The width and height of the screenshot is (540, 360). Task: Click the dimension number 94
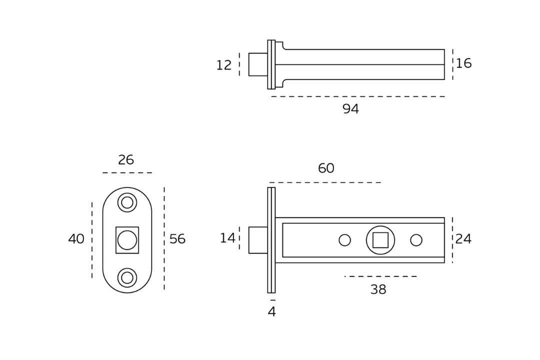tap(350, 109)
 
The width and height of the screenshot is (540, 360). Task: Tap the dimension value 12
tap(224, 65)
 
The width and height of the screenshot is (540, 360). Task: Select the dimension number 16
tap(463, 63)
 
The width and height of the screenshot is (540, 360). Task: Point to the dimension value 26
tap(126, 160)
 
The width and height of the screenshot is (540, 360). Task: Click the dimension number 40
tap(76, 239)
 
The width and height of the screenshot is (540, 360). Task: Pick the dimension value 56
tap(177, 239)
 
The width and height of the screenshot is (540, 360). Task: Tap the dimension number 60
tap(326, 168)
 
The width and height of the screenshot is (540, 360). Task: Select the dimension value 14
tap(227, 238)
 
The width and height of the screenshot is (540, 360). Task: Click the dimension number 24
tap(463, 239)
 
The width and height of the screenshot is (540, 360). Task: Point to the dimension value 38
tap(378, 290)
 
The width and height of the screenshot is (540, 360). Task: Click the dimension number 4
tap(271, 312)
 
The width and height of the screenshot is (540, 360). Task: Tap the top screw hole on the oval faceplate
tap(127, 202)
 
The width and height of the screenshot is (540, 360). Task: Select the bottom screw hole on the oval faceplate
tap(127, 277)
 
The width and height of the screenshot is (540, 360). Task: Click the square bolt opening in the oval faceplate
tap(127, 240)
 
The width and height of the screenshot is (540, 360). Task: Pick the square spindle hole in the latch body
tap(380, 240)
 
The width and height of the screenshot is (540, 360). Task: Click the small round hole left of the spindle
tap(344, 240)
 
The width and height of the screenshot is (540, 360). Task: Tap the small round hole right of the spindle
tap(416, 240)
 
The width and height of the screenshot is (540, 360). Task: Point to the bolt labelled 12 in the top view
tap(258, 64)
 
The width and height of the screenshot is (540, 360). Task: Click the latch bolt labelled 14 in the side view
tap(258, 240)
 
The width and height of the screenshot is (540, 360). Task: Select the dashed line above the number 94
tap(357, 96)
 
